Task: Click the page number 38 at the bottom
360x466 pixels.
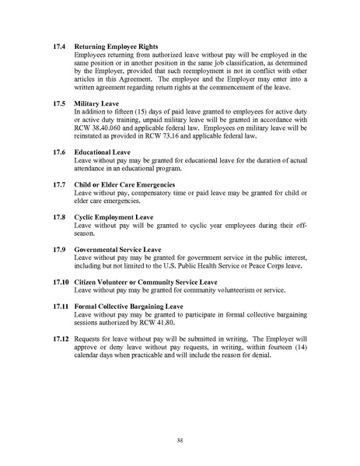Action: pyautogui.click(x=180, y=438)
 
